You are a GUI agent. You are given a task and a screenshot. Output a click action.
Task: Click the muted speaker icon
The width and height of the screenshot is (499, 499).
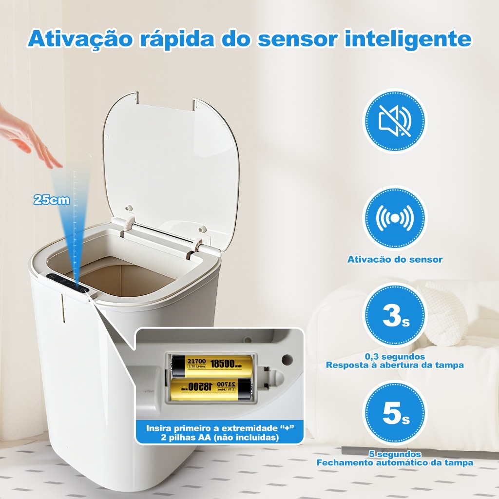[x=395, y=121]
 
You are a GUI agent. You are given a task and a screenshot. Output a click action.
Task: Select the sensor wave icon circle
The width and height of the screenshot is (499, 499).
[x=395, y=218]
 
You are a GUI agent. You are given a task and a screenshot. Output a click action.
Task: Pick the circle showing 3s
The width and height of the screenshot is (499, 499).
[x=395, y=315]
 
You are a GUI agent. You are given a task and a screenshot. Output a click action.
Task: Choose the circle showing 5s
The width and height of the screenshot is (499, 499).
[x=395, y=412]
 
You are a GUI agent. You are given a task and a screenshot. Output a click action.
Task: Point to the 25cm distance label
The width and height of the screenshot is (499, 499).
[x=52, y=200]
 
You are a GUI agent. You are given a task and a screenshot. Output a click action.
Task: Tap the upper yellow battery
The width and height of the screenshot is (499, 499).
[x=212, y=364]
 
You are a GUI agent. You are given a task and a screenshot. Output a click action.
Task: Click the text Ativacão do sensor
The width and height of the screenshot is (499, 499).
[x=395, y=259]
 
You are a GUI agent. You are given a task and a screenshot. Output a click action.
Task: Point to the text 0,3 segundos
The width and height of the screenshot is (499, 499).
[x=395, y=357]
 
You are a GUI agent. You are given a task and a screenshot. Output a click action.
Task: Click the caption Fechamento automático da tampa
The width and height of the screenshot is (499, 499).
[x=395, y=462]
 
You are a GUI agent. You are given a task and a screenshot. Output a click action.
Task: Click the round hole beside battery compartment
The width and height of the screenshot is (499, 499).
[x=287, y=360]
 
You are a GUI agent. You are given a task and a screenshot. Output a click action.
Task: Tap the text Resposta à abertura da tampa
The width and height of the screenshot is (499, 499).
[x=395, y=365]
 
